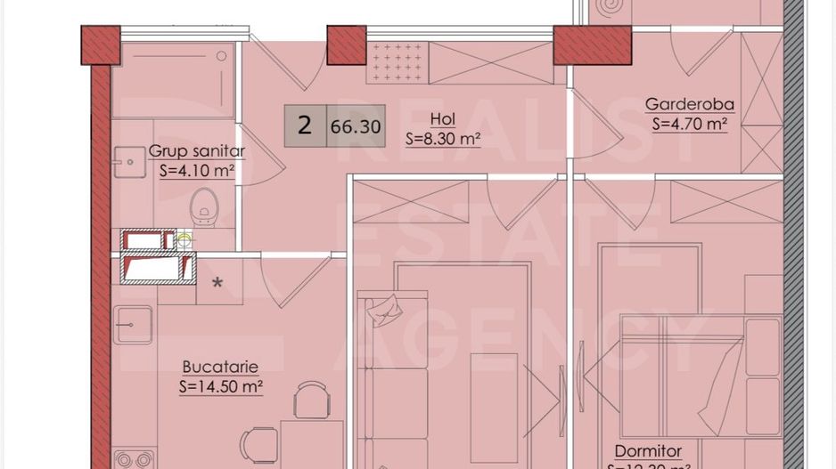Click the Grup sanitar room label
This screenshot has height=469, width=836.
(196, 151)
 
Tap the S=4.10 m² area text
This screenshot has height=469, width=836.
(196, 170)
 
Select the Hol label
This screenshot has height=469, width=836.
(442, 119)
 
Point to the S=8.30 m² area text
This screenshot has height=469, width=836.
(442, 139)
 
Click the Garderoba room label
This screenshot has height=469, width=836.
(689, 105)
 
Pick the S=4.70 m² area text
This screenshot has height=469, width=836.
(689, 125)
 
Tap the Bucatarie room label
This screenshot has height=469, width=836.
(220, 366)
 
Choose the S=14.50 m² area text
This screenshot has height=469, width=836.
(220, 386)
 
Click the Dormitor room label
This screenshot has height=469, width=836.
(648, 451)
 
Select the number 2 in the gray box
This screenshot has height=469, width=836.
(305, 125)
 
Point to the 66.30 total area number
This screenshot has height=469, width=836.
(356, 126)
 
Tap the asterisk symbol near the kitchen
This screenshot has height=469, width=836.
(217, 285)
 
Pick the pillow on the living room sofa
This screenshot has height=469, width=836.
(385, 309)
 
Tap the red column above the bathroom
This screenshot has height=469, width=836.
(100, 44)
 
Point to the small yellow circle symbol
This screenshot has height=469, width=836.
(184, 239)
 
